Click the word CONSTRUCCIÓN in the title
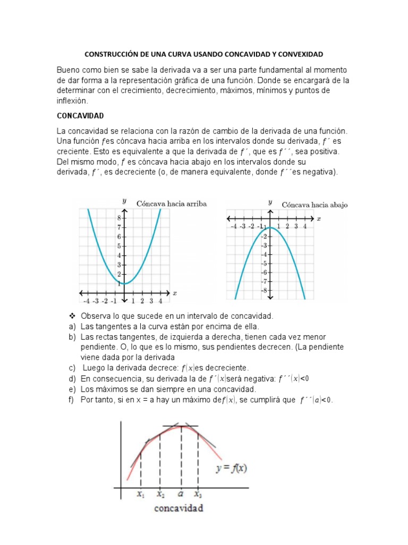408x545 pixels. click(x=112, y=54)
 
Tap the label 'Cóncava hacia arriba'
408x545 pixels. click(x=171, y=204)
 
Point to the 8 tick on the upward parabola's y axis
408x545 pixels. click(x=120, y=218)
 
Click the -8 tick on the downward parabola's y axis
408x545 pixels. click(x=264, y=291)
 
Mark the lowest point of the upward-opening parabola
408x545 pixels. click(x=125, y=283)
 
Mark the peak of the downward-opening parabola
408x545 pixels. click(x=270, y=228)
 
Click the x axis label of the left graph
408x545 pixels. click(x=175, y=293)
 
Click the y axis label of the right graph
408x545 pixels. click(x=270, y=203)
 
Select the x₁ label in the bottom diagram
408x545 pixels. click(x=140, y=493)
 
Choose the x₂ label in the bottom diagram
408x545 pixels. click(x=160, y=493)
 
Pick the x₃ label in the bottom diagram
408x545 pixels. click(x=198, y=493)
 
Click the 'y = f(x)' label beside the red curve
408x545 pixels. click(x=234, y=469)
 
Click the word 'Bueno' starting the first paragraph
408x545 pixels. click(x=70, y=70)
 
